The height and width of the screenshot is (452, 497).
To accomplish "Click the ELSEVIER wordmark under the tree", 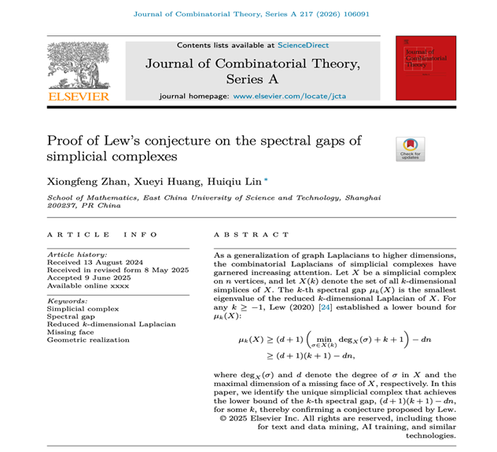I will pyautogui.click(x=78, y=97).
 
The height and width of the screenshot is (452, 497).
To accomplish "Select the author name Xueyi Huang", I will pyautogui.click(x=155, y=182).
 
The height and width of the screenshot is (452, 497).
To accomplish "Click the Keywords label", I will pyautogui.click(x=65, y=300).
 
